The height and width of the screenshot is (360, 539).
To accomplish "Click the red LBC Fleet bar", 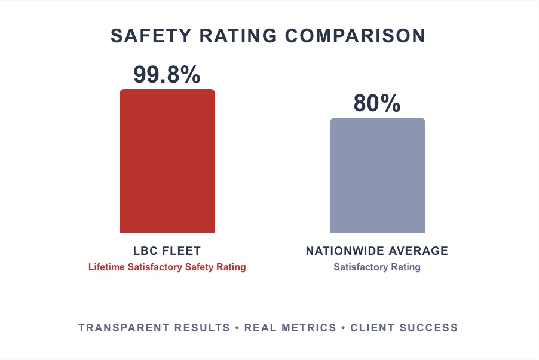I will point(167,161).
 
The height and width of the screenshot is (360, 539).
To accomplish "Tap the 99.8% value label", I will point(167,74).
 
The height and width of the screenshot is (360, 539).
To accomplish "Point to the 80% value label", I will point(377,103).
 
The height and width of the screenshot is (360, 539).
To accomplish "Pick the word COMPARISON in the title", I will point(355,36).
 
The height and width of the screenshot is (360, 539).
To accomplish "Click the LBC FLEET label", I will point(167,251).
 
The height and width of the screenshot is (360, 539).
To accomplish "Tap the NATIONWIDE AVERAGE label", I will point(377,251).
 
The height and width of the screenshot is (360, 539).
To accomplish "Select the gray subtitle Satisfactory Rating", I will point(377,267).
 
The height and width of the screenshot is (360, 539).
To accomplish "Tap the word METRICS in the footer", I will point(309,328).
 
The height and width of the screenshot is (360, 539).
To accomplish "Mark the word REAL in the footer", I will point(261,328).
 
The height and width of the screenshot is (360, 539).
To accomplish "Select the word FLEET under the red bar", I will point(182,251).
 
